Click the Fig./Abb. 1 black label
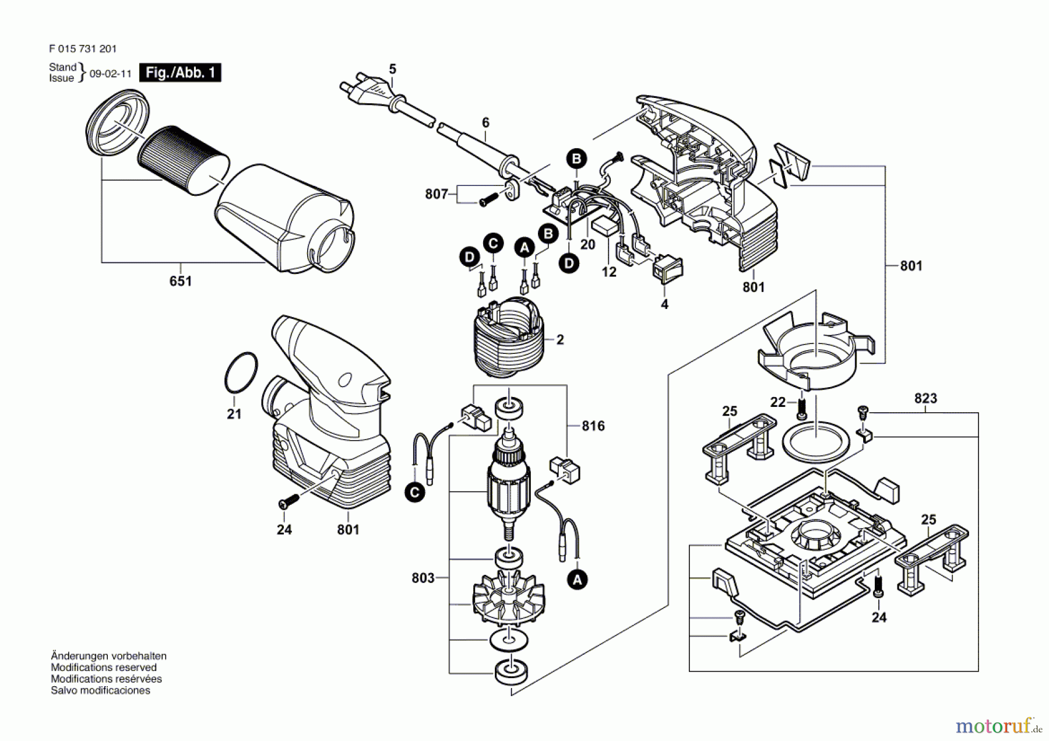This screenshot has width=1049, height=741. (x=180, y=73)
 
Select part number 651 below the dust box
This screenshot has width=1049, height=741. (x=180, y=281)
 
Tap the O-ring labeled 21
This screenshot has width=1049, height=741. (x=241, y=373)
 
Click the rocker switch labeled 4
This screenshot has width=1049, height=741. (x=667, y=269)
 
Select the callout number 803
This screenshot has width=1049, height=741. (x=423, y=578)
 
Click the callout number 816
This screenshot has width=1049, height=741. (x=593, y=426)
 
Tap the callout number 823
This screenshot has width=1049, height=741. (x=925, y=398)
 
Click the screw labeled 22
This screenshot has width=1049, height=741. (x=802, y=407)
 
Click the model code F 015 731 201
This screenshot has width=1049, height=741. (x=83, y=49)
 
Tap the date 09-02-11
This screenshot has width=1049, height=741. (x=110, y=74)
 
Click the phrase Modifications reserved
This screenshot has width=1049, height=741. (x=103, y=668)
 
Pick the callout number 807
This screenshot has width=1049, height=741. (x=437, y=194)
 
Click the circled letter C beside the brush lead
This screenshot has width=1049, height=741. (x=415, y=493)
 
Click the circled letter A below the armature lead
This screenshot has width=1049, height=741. (x=577, y=580)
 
